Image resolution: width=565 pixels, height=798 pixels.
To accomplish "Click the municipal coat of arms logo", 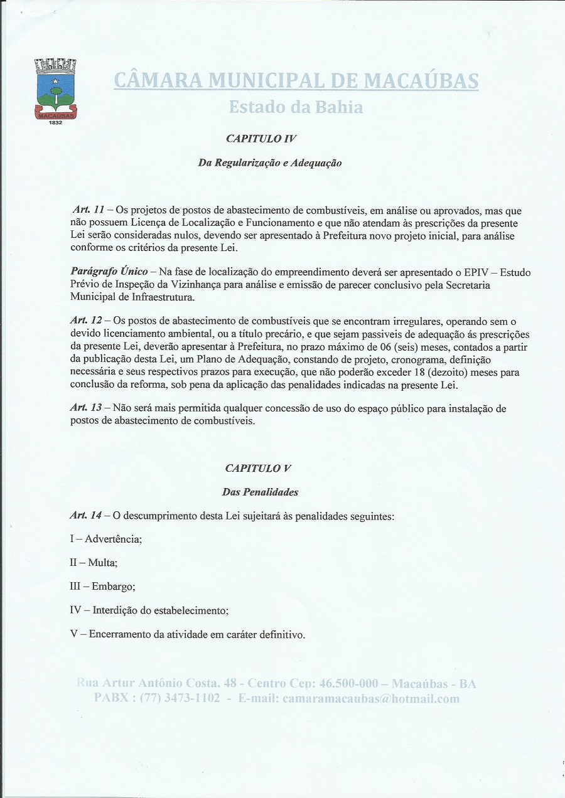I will pos(55,88).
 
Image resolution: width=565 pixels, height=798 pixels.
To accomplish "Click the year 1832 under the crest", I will pos(55,123).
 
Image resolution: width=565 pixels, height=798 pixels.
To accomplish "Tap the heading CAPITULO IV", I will pos(261,138).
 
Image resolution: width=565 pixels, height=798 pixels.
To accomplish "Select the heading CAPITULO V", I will pos(258,468).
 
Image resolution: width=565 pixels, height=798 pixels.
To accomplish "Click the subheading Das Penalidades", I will pos(260,492).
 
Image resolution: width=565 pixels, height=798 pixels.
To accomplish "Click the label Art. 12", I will pos(85,321).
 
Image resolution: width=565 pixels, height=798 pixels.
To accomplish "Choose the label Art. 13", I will pos(85,408).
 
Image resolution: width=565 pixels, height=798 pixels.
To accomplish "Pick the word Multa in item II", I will pos(102,563).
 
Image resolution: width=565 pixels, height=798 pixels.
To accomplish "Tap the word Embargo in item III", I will pos(113,587).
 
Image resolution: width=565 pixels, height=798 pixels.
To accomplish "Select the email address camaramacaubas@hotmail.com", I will pos(371,698).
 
